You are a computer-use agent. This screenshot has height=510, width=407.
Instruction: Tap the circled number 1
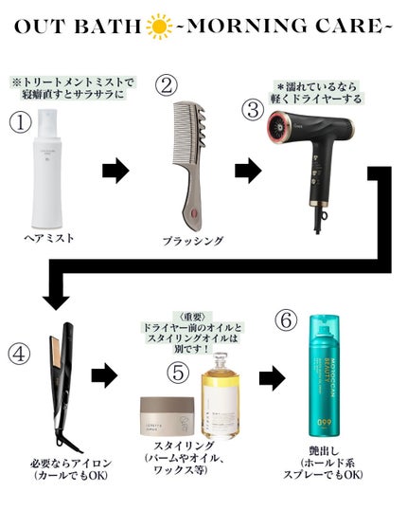coord(22,123)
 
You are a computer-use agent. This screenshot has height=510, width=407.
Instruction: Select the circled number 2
coord(168,85)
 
